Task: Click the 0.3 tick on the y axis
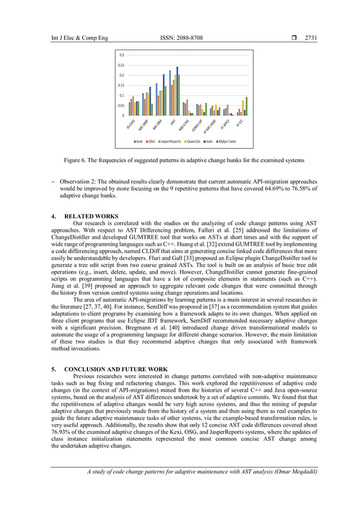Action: [121, 55]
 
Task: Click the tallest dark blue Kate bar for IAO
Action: [177, 91]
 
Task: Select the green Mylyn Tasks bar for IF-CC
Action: [247, 106]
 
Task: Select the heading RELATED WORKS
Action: [91, 216]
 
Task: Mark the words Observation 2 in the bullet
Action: [79, 182]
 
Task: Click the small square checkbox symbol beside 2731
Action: [292, 38]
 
